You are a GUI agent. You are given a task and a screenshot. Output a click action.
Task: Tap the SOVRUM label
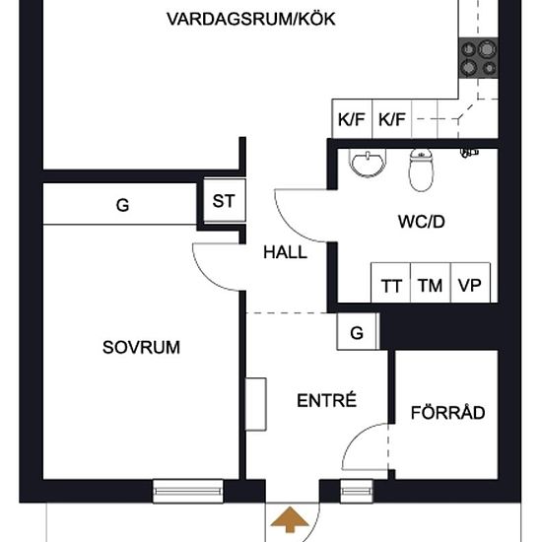click(x=142, y=347)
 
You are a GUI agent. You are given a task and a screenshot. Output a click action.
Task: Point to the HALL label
click(x=285, y=252)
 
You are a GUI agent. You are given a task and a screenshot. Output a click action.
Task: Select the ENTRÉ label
click(x=326, y=401)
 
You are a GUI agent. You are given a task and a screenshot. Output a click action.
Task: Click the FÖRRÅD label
click(x=448, y=413)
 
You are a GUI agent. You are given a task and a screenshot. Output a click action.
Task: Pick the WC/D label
click(x=422, y=223)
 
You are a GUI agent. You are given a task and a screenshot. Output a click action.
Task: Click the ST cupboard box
click(x=224, y=201)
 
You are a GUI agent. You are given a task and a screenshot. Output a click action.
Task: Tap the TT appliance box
click(x=391, y=286)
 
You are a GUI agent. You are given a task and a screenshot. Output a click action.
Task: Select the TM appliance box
click(x=430, y=286)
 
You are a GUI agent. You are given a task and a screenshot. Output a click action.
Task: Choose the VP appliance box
click(x=469, y=286)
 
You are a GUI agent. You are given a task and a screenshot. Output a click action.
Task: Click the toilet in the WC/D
click(x=421, y=170)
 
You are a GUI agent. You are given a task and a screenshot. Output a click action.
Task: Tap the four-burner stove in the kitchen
click(x=478, y=58)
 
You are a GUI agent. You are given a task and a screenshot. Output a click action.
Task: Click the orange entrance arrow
click(x=289, y=519)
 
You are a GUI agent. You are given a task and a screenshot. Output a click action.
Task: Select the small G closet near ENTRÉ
click(x=357, y=333)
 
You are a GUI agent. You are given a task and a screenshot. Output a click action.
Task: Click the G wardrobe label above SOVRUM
click(x=122, y=206)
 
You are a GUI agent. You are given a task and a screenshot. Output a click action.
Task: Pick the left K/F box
click(x=352, y=120)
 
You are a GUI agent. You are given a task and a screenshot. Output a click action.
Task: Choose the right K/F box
click(x=392, y=120)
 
